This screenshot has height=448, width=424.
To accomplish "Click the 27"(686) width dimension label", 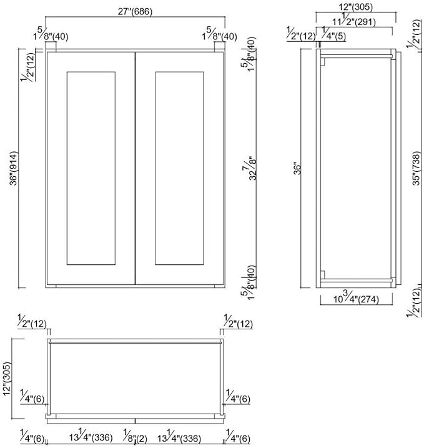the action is tap(135, 11).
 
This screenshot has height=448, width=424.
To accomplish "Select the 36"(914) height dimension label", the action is tap(14, 168).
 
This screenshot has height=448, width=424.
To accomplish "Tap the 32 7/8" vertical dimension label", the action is tap(250, 168).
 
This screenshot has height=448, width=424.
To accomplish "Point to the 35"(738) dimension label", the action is tap(417, 168).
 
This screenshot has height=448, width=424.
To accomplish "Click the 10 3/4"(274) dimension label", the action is tap(356, 297).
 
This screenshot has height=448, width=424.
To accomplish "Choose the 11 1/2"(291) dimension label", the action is tap(354, 20).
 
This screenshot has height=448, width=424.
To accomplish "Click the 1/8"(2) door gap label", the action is tap(135, 436).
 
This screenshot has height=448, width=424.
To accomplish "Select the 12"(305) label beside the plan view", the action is tap(7, 379).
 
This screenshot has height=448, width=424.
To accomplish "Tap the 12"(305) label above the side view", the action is tap(356, 7).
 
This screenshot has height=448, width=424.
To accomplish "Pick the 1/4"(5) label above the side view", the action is tap(334, 34).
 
